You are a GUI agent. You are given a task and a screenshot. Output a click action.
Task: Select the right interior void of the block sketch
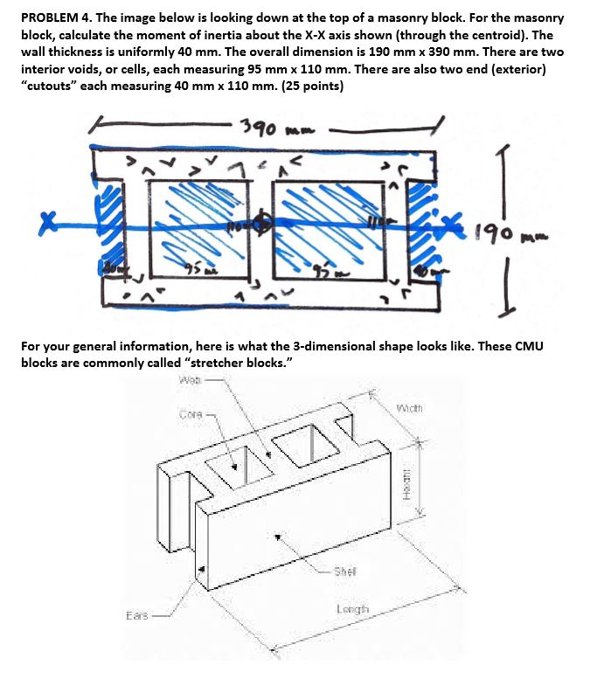click(x=329, y=229)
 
